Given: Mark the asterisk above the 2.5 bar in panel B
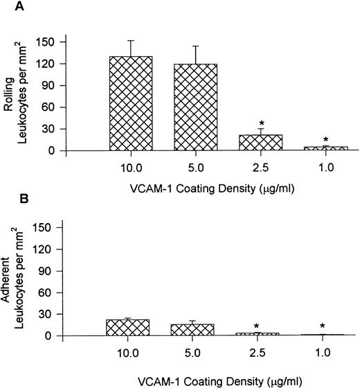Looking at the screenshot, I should click(x=262, y=326).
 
